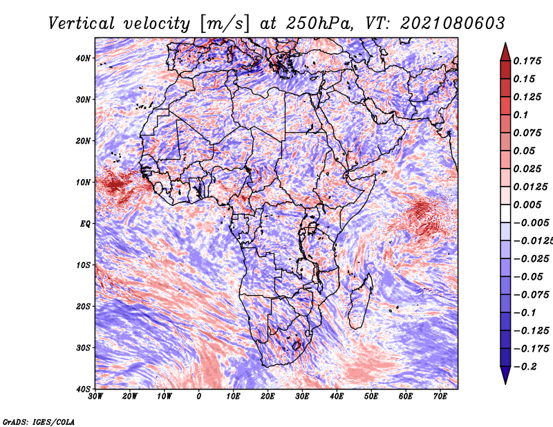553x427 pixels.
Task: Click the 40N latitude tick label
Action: click(83, 58)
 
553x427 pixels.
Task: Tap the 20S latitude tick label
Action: click(83, 306)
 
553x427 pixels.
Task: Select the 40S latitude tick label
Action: click(83, 389)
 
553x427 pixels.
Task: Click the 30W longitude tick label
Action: click(95, 397)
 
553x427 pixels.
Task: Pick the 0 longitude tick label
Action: click(199, 397)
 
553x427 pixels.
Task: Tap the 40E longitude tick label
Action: click(337, 397)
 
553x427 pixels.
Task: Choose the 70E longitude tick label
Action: click(440, 397)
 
